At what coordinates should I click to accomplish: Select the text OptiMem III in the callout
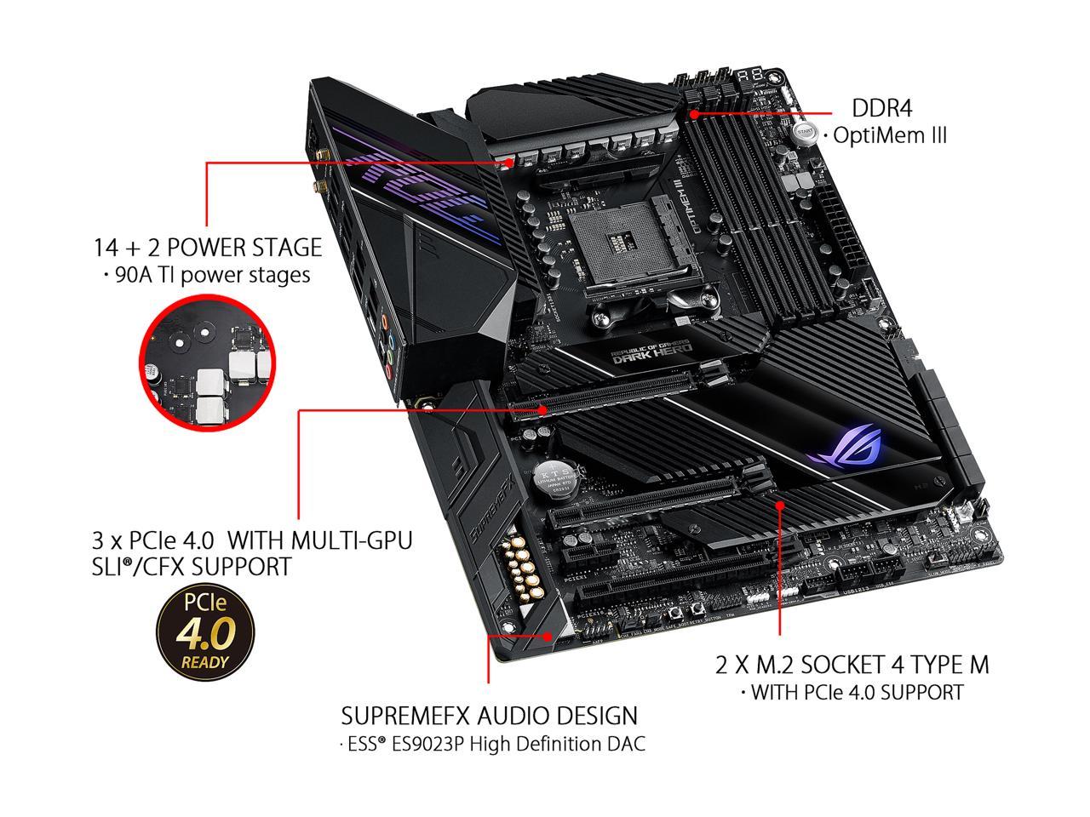point(889,135)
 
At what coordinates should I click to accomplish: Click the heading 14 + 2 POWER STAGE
point(208,248)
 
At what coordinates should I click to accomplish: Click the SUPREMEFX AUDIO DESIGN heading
point(489,715)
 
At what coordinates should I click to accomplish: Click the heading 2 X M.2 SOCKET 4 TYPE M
point(852,664)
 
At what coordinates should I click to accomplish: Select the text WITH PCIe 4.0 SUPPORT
point(852,692)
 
